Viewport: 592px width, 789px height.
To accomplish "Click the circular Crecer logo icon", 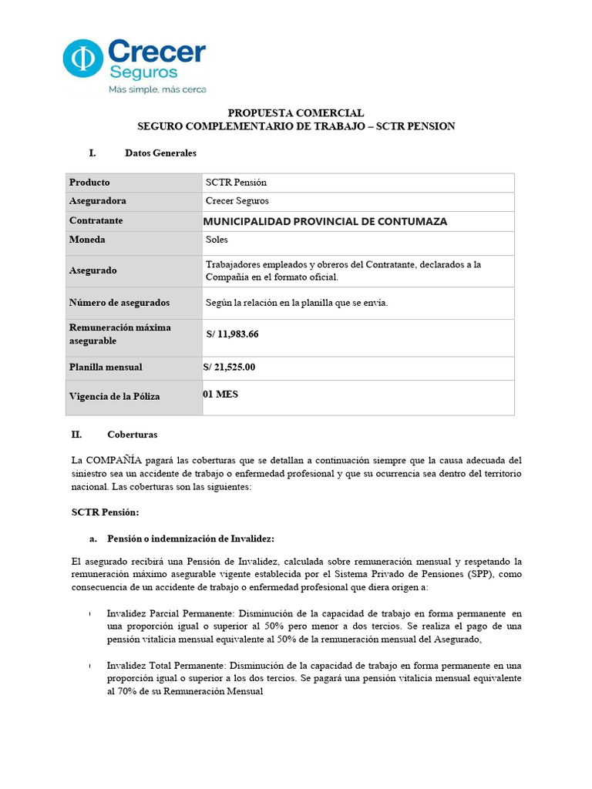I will click(x=82, y=59).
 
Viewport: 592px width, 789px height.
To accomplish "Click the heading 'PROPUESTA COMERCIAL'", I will click(x=296, y=112).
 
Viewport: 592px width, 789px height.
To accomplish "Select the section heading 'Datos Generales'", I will click(x=160, y=153).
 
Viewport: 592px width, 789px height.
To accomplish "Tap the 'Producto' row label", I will click(x=89, y=183).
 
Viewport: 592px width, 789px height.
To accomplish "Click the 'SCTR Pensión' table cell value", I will click(x=236, y=183).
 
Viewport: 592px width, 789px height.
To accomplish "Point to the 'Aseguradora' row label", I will click(x=98, y=201).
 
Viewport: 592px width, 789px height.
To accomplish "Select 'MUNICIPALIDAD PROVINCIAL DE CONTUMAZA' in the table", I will click(x=325, y=221).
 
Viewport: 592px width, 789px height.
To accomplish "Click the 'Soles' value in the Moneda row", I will click(x=217, y=240).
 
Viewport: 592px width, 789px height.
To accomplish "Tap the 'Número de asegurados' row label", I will click(x=119, y=303).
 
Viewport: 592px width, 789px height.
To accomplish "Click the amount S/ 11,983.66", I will click(x=232, y=334).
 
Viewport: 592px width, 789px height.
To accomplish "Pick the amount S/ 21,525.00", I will click(x=229, y=367).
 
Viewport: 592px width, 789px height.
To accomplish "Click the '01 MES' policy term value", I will click(x=220, y=394).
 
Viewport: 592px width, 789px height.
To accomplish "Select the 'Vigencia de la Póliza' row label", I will click(x=115, y=396).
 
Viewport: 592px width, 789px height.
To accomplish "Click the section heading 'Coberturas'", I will click(x=133, y=435).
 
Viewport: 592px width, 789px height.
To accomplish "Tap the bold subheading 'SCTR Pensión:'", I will click(x=105, y=512).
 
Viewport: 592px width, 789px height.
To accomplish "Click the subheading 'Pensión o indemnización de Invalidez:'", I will click(x=190, y=538).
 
